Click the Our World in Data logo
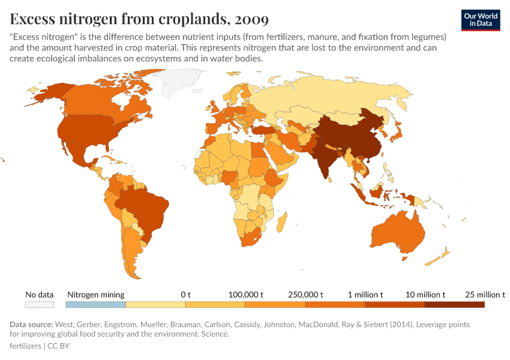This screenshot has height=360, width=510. coord(480,20)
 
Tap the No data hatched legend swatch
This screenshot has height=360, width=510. coord(39,304)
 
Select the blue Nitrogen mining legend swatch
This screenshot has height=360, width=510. coord(95,304)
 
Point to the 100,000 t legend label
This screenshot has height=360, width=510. coord(246,295)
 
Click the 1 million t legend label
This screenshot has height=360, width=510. coord(365,295)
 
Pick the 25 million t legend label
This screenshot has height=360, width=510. coord(485,295)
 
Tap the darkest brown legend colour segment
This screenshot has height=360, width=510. coord(454,304)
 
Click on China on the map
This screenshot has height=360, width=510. coord(354,135)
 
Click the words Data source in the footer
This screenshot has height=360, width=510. coord(31,325)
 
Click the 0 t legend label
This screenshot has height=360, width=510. coord(185,295)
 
